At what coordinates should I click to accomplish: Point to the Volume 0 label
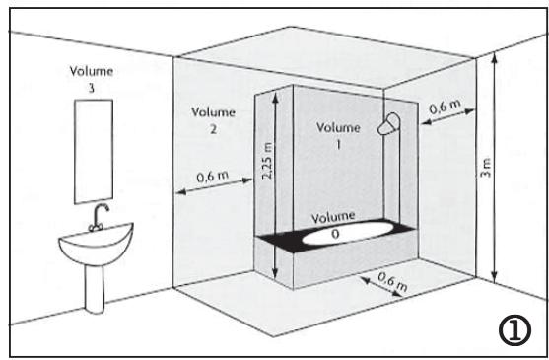click(x=333, y=221)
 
